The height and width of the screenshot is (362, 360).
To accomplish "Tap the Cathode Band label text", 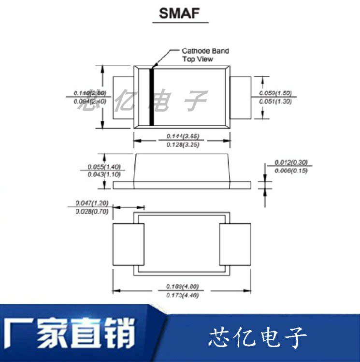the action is point(205,51).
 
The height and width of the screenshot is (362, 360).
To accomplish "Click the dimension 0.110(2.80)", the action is point(90,92).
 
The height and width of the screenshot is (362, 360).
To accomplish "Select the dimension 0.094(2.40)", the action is point(90,101).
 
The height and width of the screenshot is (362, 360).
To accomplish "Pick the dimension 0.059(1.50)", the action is point(275,93).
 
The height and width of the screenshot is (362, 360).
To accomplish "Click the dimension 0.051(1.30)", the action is point(275,101).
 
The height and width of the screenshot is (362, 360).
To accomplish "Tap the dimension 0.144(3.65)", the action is point(183,136).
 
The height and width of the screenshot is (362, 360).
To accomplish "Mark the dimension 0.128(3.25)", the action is point(183,145).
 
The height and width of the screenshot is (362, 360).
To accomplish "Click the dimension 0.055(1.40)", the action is point(103,167).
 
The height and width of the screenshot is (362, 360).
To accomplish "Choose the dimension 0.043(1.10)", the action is point(103,174).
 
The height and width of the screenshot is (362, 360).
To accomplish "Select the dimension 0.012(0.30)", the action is point(291,162).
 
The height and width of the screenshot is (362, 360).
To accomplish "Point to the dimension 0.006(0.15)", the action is point(291,171).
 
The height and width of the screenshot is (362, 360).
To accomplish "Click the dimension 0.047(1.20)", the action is point(92,203).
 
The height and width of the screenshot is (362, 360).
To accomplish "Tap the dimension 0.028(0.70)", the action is point(92,212).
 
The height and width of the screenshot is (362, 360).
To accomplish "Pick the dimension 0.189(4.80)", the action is point(182,286).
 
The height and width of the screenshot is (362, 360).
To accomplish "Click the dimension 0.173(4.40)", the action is point(182,295).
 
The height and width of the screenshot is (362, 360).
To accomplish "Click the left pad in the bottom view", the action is point(128,245).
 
